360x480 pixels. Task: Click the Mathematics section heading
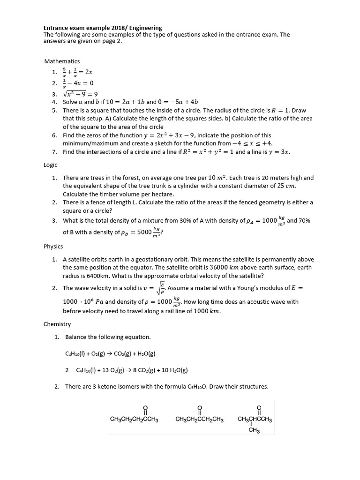point(62,61)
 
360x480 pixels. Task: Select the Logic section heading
point(51,165)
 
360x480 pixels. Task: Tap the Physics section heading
point(53,246)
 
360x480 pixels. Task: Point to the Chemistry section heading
point(57,324)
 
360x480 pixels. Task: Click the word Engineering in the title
point(145,28)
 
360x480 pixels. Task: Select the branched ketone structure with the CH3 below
point(255,417)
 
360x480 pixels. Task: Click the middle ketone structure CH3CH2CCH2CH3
point(199,414)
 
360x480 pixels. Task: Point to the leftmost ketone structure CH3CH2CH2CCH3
point(134,414)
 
